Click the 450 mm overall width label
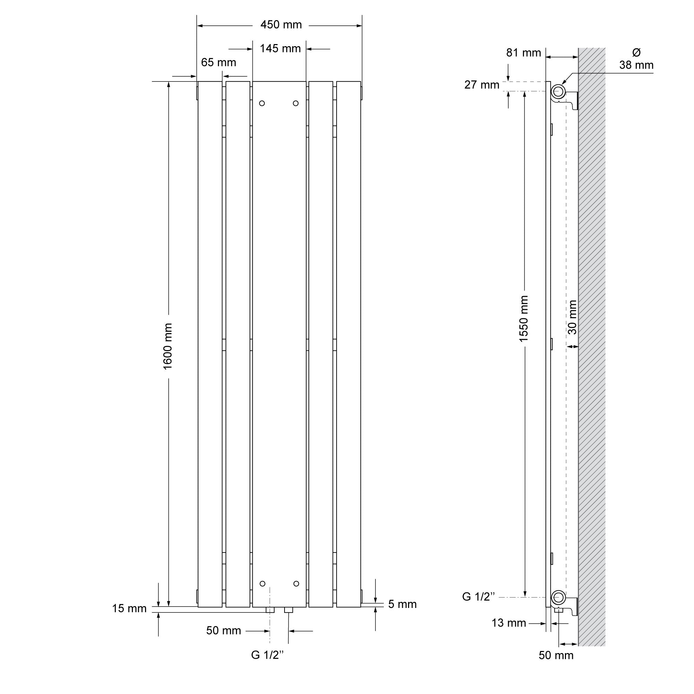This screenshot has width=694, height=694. click(281, 25)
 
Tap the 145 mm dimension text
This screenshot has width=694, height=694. click(280, 49)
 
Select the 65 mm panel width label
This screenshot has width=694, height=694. click(218, 62)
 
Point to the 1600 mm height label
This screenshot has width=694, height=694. click(168, 346)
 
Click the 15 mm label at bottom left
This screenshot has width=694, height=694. click(129, 609)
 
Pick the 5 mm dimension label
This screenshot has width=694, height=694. click(402, 604)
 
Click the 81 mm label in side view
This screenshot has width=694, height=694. click(523, 53)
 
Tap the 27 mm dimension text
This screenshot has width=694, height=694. click(482, 85)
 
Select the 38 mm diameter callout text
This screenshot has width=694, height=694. click(636, 59)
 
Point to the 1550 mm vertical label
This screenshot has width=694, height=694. click(524, 319)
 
